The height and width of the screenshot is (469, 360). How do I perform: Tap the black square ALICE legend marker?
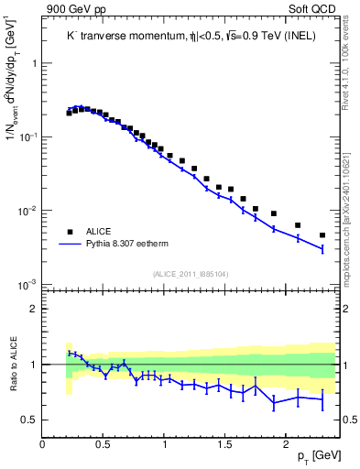click(71, 232)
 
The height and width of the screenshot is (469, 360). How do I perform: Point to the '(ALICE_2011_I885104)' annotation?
click(190, 274)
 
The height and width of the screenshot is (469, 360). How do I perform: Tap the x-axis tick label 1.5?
click(224, 443)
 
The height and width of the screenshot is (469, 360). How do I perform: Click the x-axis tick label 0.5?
click(104, 443)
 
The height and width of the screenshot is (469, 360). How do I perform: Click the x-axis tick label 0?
click(43, 443)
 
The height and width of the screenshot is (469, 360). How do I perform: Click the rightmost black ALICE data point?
click(322, 235)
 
